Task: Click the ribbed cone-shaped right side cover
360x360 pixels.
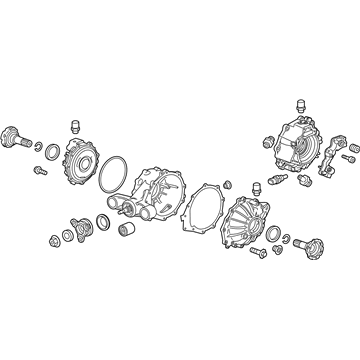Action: click(241, 224)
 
